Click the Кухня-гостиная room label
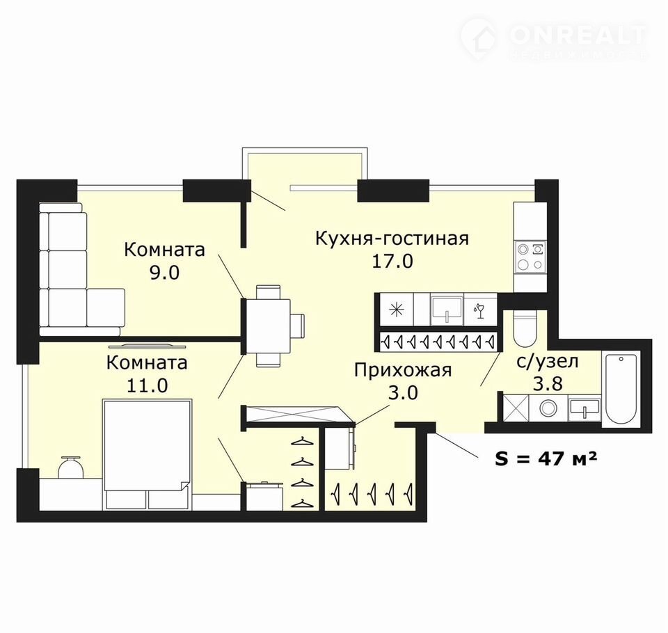(x=392, y=239)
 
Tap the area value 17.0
(x=392, y=261)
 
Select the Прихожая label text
(x=403, y=370)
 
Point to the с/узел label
(x=548, y=362)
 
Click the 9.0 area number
(x=164, y=272)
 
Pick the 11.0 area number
(x=148, y=385)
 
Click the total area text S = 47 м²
(x=546, y=459)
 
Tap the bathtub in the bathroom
(x=620, y=388)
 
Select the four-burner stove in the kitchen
(x=530, y=257)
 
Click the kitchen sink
(x=447, y=309)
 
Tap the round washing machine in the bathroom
(x=547, y=408)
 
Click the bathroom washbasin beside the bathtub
(x=584, y=408)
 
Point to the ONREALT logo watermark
(x=554, y=38)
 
